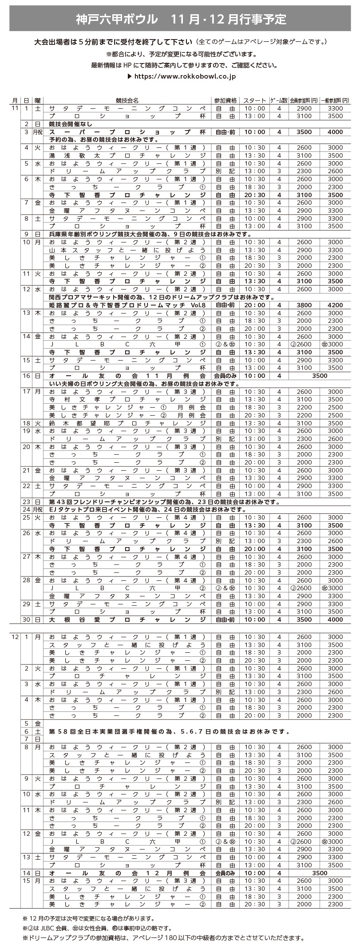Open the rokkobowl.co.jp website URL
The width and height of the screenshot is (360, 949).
click(184, 76)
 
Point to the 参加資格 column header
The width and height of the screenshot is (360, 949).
click(225, 100)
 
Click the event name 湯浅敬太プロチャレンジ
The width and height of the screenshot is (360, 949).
click(127, 155)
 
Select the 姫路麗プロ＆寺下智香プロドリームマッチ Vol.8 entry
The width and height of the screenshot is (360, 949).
click(127, 305)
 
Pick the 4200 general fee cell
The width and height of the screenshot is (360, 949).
click(335, 305)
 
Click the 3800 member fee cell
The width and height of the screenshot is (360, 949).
click(304, 305)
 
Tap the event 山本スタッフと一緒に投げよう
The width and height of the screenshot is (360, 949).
click(127, 250)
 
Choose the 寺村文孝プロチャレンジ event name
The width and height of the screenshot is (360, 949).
click(127, 399)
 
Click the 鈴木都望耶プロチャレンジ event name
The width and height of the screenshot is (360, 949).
click(127, 423)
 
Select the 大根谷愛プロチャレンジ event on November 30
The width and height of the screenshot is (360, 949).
click(127, 619)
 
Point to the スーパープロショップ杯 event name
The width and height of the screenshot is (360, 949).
click(127, 132)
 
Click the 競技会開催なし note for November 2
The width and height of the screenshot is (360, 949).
click(71, 124)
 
